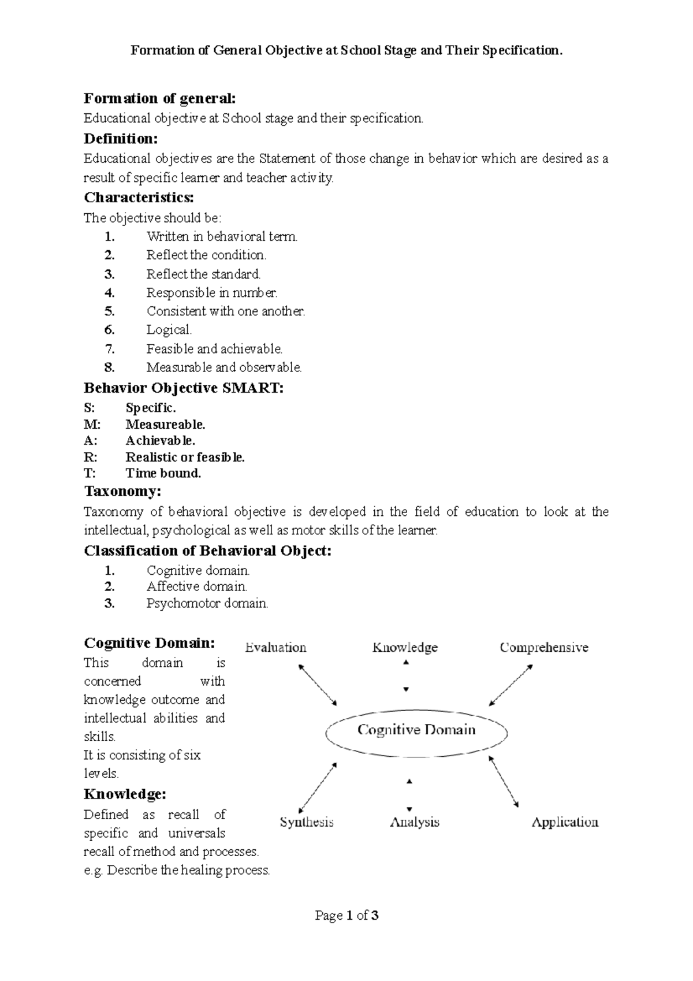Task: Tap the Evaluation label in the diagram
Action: tap(275, 648)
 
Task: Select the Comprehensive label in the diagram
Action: tap(543, 648)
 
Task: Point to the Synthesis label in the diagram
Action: tap(307, 822)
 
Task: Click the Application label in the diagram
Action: tap(564, 822)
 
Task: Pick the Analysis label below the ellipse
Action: tap(415, 822)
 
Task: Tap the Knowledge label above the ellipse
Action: tap(405, 648)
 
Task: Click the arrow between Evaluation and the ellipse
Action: tap(317, 685)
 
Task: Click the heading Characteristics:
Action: tap(139, 198)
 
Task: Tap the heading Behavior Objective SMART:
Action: tap(184, 388)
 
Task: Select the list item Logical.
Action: tap(169, 330)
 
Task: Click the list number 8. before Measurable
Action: tap(110, 367)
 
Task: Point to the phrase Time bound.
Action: tap(163, 473)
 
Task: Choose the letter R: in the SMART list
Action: tap(91, 457)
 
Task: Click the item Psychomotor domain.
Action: tap(207, 604)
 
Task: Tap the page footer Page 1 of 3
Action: tap(346, 916)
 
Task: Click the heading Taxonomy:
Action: tap(122, 492)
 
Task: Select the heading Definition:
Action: tap(120, 139)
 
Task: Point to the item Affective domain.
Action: tap(196, 587)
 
